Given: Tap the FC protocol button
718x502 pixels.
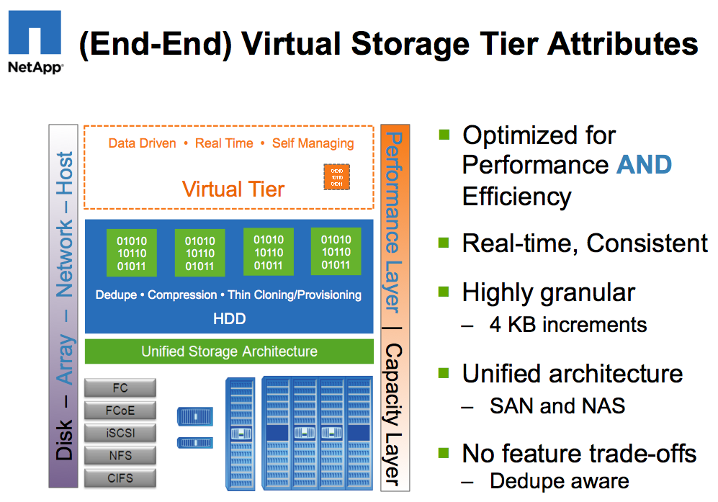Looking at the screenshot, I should coord(120,387).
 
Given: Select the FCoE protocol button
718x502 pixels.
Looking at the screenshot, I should coord(120,411).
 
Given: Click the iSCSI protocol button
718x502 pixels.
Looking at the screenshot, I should coord(120,433).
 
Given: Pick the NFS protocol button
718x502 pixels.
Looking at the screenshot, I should coord(120,455).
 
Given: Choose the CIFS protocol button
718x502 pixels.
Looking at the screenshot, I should coord(120,478).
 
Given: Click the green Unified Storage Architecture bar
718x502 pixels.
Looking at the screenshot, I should coord(229,351).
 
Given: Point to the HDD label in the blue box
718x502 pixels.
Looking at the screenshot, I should coord(229,318).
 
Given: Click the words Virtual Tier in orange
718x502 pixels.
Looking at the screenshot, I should coord(233,189).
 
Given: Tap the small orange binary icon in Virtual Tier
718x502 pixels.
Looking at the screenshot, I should coord(336,177).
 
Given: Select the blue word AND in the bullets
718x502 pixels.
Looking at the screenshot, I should coord(644,164).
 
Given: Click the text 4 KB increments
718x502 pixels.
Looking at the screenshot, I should coord(568,325).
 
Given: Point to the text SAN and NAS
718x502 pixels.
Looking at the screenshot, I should coord(557,405).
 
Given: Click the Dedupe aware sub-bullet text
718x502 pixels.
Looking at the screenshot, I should coord(560,481).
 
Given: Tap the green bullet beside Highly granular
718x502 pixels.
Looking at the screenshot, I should coord(444,292).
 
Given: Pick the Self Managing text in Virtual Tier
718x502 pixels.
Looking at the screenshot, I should coord(313,143).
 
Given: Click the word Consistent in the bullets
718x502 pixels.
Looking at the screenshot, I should coord(647,243).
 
